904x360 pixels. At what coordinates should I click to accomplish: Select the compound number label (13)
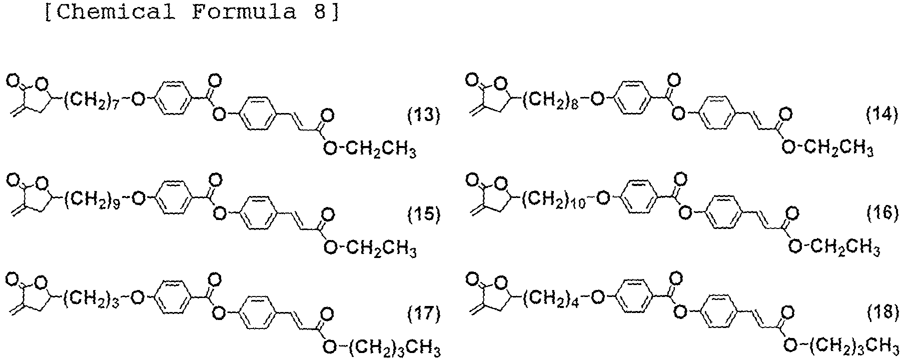coord(423,116)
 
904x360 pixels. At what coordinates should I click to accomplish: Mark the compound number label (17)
coord(423,313)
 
